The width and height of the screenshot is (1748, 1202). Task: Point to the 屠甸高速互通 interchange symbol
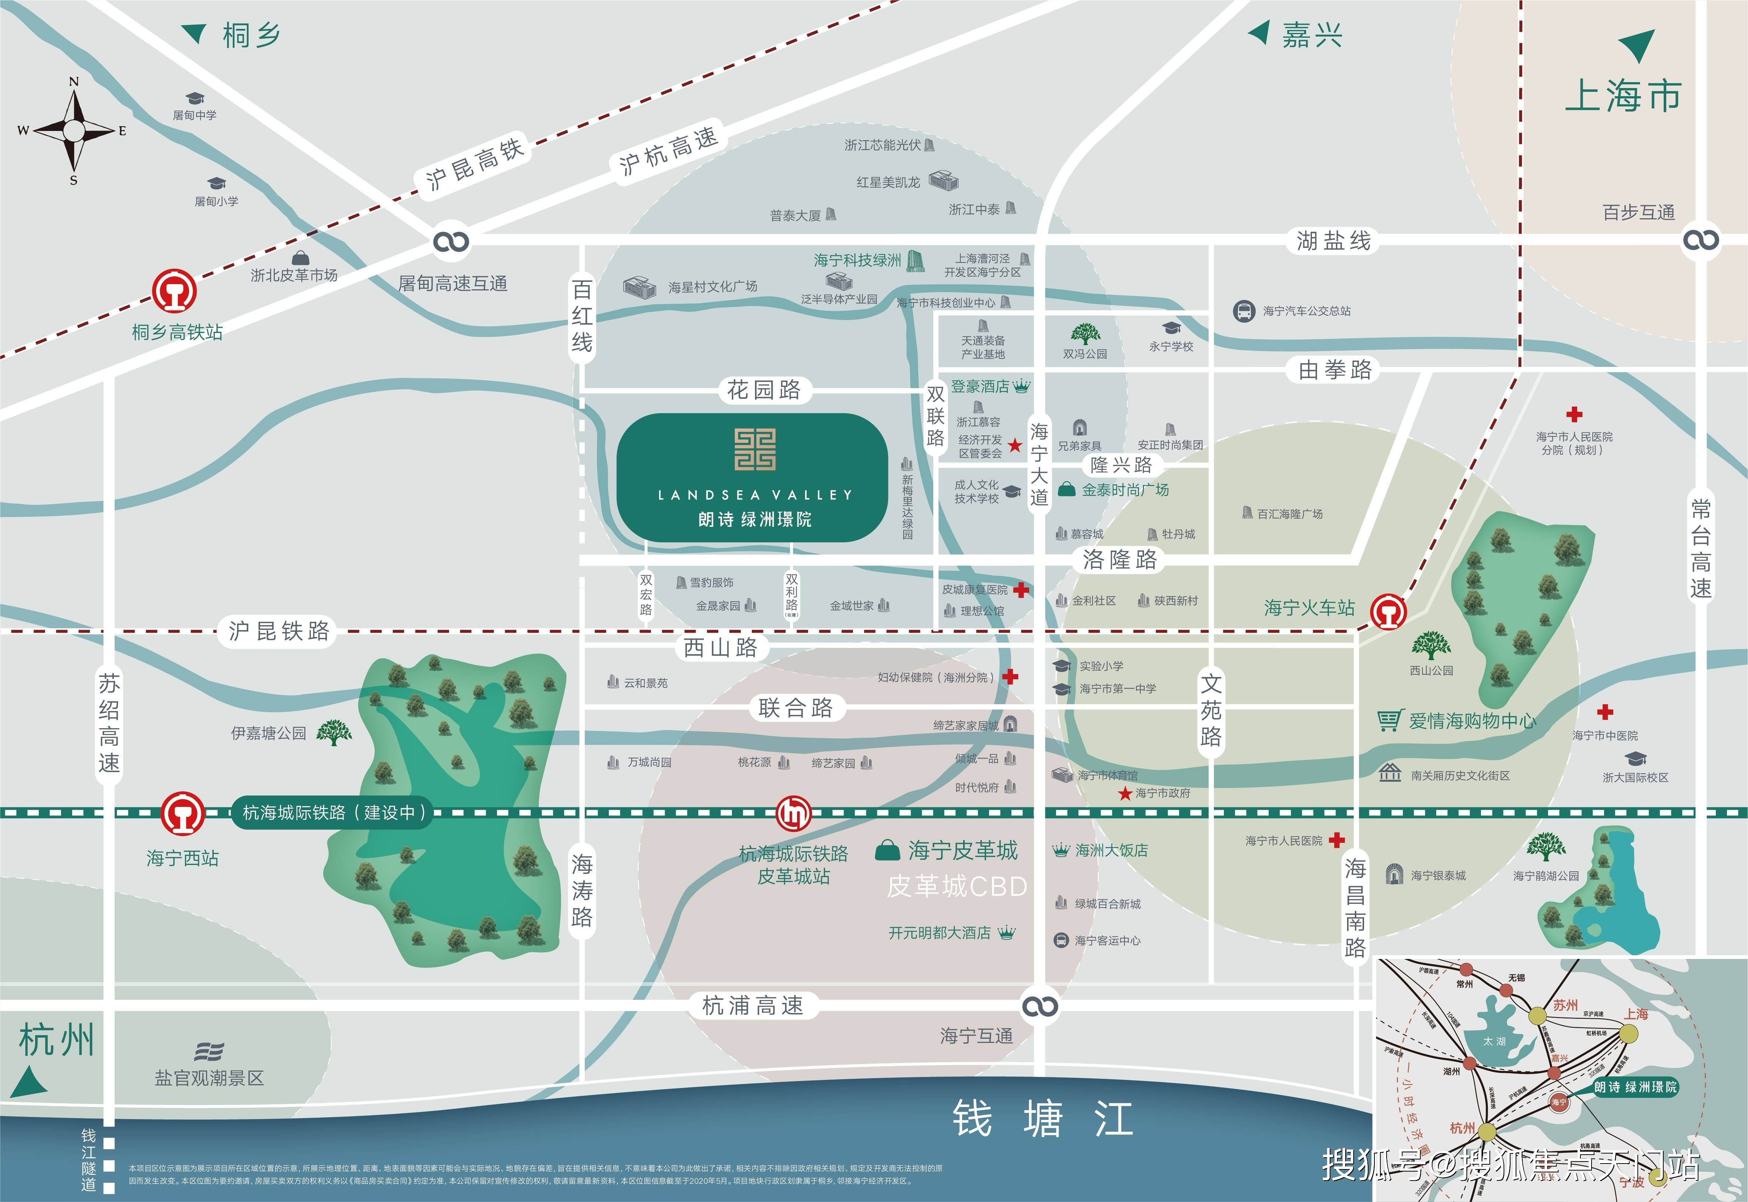coord(451,241)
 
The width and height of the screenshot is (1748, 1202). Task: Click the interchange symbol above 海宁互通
coord(1040,1006)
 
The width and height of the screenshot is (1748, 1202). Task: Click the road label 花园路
coord(763,390)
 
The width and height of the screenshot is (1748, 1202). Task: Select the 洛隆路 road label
coord(1120,560)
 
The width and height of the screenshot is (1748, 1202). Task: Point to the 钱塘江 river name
coord(1043,1118)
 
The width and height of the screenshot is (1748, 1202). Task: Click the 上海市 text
coord(1622,96)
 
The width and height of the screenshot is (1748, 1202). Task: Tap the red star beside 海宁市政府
coord(1125,793)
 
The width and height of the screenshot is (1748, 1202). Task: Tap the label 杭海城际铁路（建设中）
coord(333,813)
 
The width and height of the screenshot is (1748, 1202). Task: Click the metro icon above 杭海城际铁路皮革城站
coord(793,813)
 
